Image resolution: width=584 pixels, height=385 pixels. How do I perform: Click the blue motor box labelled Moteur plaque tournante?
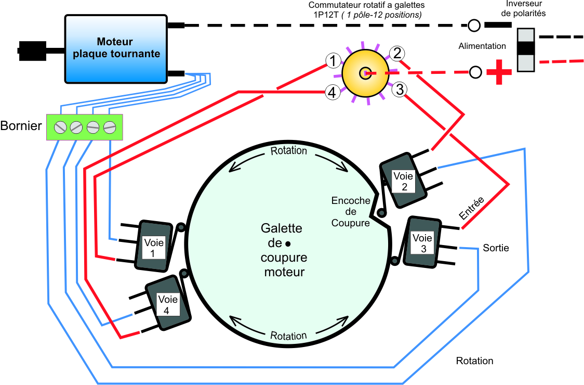point(116,48)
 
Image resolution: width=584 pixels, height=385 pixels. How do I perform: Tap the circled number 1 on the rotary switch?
point(333,60)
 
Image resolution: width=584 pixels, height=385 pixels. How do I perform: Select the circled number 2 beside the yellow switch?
point(397,54)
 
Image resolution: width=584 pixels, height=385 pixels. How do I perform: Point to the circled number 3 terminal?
point(399,89)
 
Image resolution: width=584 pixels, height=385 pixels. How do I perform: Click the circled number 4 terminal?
point(332,92)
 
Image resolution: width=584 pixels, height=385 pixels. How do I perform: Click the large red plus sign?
point(499,72)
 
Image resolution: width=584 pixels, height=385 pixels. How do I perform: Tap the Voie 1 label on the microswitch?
point(153,248)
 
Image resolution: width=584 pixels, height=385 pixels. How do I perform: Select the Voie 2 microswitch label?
point(403,181)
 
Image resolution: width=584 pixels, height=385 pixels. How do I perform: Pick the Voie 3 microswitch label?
point(422,243)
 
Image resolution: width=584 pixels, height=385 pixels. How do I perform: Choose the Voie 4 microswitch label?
point(168,304)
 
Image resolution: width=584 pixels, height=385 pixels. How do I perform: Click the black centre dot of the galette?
point(288,243)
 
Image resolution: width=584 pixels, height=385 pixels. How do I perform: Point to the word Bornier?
point(21,126)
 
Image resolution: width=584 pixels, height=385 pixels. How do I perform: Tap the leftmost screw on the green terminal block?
point(60,127)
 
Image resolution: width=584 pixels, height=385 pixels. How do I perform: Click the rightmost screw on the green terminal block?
point(110,127)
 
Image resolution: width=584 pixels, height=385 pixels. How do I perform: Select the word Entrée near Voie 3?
point(472,208)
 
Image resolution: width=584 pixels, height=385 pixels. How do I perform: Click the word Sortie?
point(496,248)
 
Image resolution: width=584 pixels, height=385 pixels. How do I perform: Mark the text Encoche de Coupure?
point(351,212)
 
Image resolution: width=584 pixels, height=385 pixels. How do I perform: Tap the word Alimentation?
point(482,46)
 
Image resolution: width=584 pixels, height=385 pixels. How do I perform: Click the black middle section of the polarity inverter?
point(526,49)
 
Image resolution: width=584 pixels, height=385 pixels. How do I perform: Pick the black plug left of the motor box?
point(32,51)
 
